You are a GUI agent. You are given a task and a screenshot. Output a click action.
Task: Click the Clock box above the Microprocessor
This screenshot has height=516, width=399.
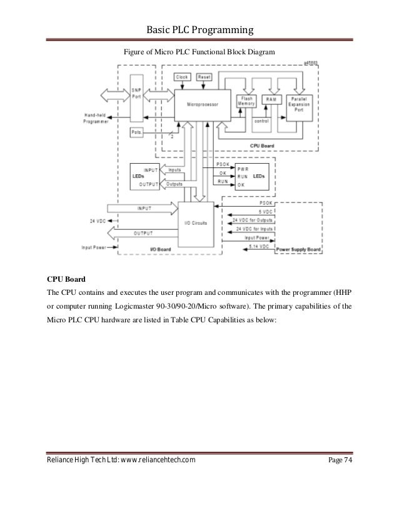[x=182, y=77]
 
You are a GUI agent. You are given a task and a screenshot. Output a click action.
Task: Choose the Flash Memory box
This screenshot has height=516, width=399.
[x=246, y=102]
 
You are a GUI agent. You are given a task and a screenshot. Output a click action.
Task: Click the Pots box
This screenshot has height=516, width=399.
[x=136, y=132]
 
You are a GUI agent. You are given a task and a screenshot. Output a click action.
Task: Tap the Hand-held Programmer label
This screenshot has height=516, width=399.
[x=98, y=119]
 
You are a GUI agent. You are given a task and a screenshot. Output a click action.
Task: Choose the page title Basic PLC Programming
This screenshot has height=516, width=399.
[x=199, y=30]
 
